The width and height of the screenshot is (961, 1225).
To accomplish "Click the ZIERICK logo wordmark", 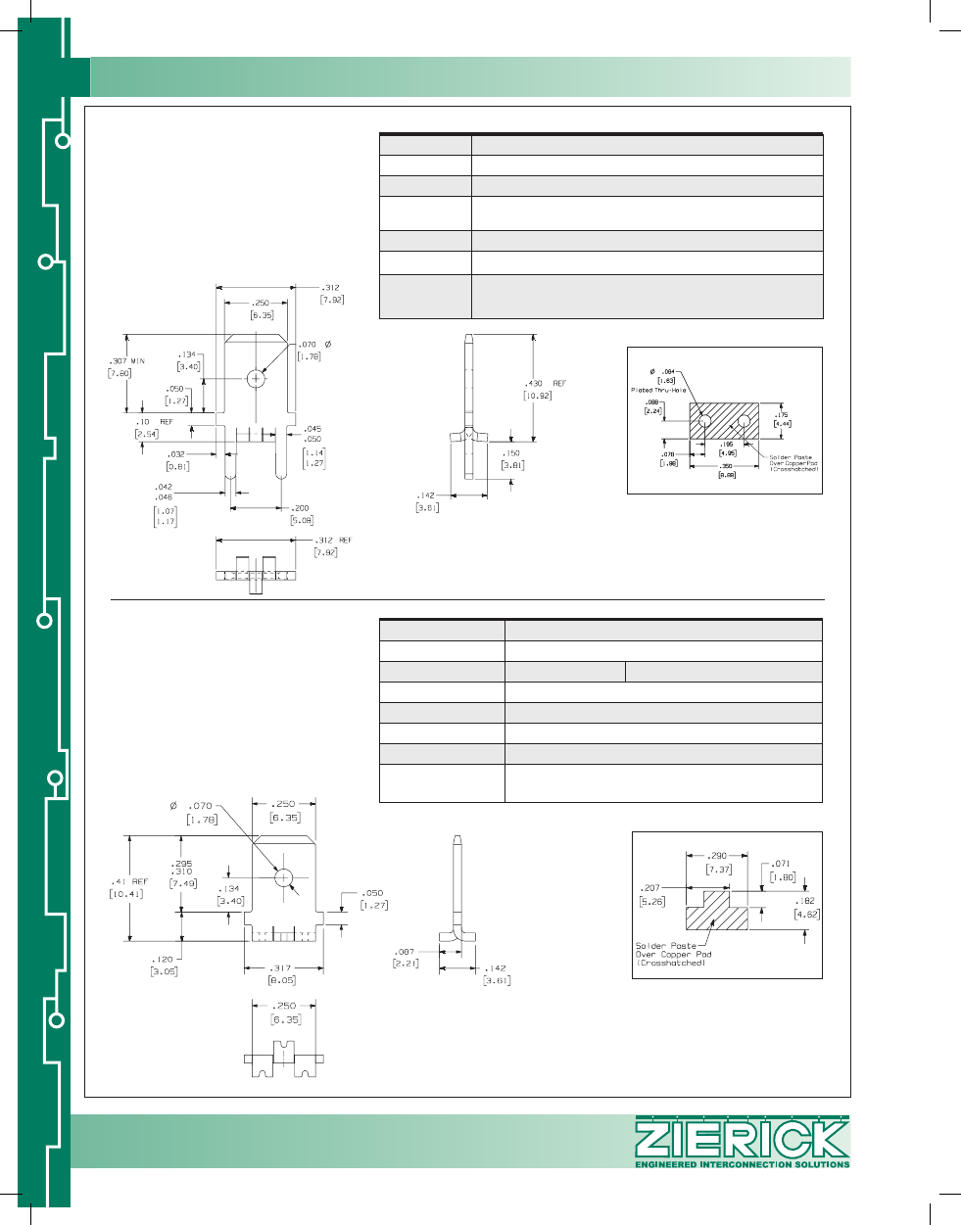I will tap(742, 1139).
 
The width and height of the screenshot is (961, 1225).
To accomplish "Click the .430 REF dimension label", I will tap(545, 383).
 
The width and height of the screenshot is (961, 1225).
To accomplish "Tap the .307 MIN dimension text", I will tap(126, 361).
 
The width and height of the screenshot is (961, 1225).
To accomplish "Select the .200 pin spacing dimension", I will tap(301, 508).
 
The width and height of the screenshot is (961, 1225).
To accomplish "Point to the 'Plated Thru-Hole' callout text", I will tap(658, 390).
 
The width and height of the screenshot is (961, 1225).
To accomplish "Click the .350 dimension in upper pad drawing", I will tap(727, 466).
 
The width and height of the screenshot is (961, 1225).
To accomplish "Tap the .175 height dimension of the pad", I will tap(782, 415).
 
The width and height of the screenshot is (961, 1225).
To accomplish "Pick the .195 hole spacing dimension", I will tap(727, 444).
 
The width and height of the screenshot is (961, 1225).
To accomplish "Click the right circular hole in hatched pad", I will tap(744, 421).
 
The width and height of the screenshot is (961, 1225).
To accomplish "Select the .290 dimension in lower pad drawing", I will tap(718, 856).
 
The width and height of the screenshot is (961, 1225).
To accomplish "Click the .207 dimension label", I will tap(651, 888).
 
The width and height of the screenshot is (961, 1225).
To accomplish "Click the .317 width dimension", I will tap(281, 967).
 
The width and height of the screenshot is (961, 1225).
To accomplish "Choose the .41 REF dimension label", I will tap(127, 881).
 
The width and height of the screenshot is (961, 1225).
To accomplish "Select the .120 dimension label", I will tap(163, 960).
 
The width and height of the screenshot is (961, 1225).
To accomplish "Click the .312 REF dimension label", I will tap(333, 541).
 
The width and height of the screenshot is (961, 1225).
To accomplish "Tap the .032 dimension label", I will tap(176, 454).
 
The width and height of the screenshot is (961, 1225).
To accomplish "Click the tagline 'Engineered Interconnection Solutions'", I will tap(742, 1164).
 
